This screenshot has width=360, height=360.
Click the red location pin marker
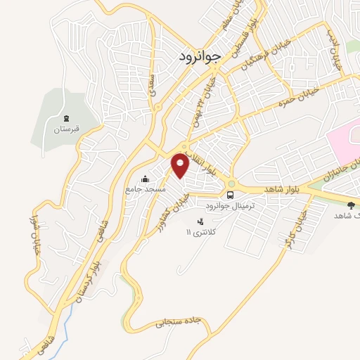[x=181, y=165]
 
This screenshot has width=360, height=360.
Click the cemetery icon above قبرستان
[x=66, y=118]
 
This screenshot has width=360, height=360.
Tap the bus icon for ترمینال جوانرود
[x=230, y=195]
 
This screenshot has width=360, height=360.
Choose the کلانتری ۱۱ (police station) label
[x=198, y=232]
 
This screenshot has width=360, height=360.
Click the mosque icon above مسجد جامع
[x=145, y=178]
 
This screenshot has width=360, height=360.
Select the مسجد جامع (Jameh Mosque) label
[x=146, y=189]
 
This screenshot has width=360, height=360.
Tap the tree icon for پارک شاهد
[x=352, y=205]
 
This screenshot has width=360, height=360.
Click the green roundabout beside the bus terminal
[x=231, y=184]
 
